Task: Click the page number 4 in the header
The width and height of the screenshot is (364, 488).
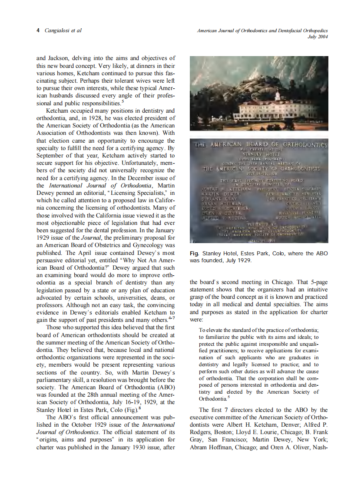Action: [x=38, y=30]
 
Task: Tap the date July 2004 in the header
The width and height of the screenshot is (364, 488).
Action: [x=318, y=37]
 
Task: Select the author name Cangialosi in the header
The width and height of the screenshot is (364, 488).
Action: [x=58, y=30]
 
